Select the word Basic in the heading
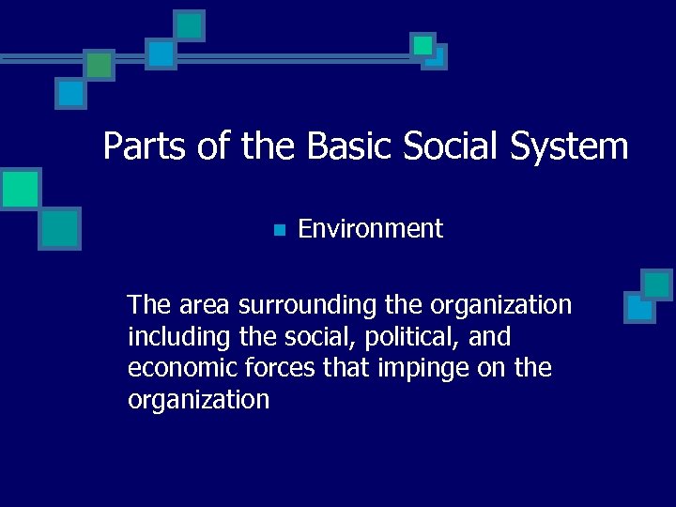(346, 146)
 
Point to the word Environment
(370, 228)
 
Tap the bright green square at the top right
(423, 44)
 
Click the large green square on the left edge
(20, 189)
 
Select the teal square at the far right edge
(656, 284)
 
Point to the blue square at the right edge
(639, 307)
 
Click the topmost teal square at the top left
(191, 25)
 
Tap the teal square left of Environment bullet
(60, 227)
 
